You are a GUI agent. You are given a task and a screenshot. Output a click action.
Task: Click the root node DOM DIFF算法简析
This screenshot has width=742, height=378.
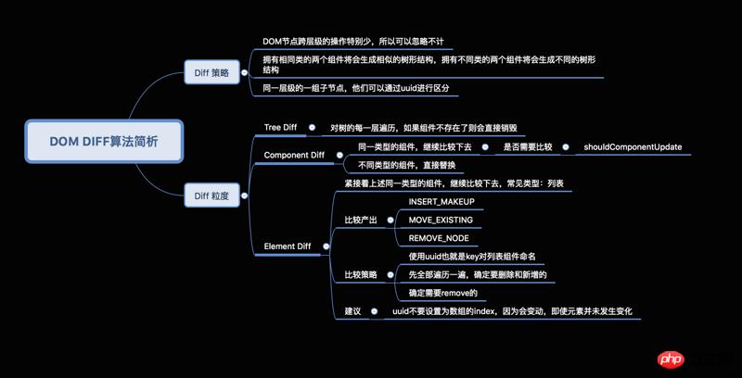[104, 142]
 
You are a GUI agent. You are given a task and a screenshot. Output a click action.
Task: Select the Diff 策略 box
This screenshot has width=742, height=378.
[211, 72]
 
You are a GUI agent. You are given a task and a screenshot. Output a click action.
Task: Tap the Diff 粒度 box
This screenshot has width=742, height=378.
[211, 195]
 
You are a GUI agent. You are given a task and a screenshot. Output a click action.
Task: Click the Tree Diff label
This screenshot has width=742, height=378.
[280, 128]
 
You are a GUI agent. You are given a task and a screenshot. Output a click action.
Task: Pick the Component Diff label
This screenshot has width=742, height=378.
[294, 156]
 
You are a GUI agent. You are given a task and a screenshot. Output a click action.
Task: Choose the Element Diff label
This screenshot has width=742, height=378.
[288, 246]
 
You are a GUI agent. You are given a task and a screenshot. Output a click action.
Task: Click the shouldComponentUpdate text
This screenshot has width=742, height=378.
[633, 147]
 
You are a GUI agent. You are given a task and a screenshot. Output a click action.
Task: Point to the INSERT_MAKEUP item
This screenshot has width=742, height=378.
[441, 202]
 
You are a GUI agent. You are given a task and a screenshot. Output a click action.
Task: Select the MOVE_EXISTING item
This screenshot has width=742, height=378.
[441, 220]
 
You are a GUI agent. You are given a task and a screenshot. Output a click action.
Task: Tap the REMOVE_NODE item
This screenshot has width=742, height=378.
[439, 238]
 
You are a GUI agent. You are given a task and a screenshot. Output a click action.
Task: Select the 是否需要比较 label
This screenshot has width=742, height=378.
[528, 147]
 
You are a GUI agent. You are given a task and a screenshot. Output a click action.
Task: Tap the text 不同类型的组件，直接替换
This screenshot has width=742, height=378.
[407, 165]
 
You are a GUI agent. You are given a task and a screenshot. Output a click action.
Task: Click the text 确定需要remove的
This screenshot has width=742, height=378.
[442, 293]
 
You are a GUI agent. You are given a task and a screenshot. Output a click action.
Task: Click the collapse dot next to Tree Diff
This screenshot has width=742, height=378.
[313, 128]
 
